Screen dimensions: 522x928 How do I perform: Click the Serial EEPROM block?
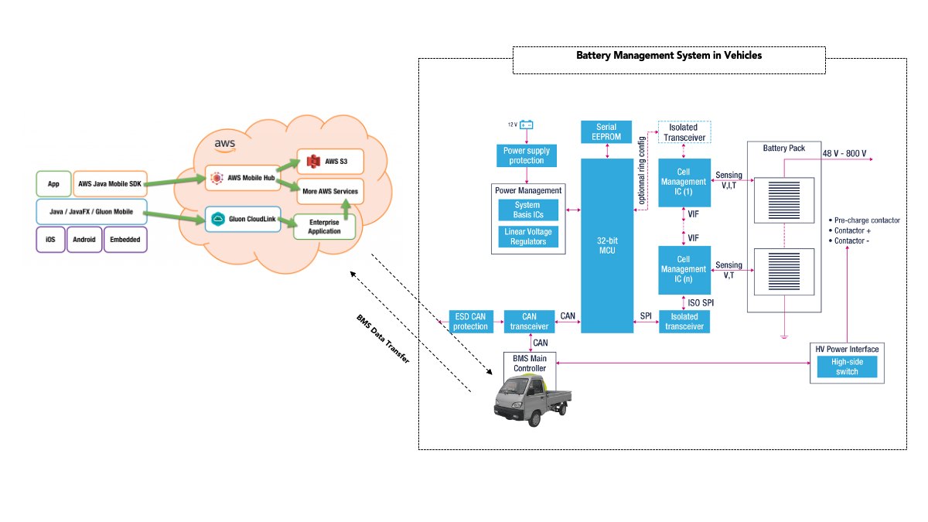(x=606, y=131)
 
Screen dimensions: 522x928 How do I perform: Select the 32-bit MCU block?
(x=606, y=246)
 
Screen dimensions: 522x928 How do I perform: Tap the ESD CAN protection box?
(x=470, y=321)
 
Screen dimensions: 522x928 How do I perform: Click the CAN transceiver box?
(x=529, y=321)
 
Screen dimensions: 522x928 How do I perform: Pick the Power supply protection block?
(x=527, y=155)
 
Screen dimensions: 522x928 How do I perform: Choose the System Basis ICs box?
(x=528, y=210)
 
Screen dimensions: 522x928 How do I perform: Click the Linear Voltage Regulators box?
(x=528, y=237)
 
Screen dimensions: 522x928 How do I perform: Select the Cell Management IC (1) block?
(x=684, y=183)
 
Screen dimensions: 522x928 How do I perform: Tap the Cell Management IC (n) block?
(x=684, y=270)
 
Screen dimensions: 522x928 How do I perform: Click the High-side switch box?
(x=848, y=367)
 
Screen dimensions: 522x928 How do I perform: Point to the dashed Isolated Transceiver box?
(x=684, y=132)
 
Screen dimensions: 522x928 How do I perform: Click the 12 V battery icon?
(x=527, y=125)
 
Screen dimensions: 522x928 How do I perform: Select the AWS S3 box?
(x=330, y=161)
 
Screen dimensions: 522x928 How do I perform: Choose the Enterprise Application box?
(x=323, y=227)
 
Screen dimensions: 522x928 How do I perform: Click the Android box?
(x=84, y=240)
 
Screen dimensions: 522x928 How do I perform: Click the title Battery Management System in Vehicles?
(x=669, y=56)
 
